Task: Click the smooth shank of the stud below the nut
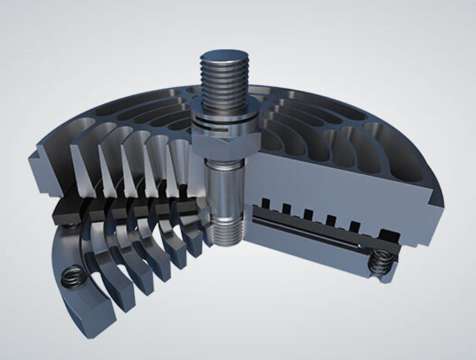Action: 224,187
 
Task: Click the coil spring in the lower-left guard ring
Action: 73,275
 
